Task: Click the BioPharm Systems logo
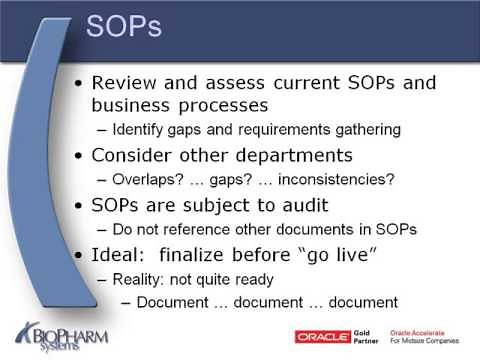pos(62,331)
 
